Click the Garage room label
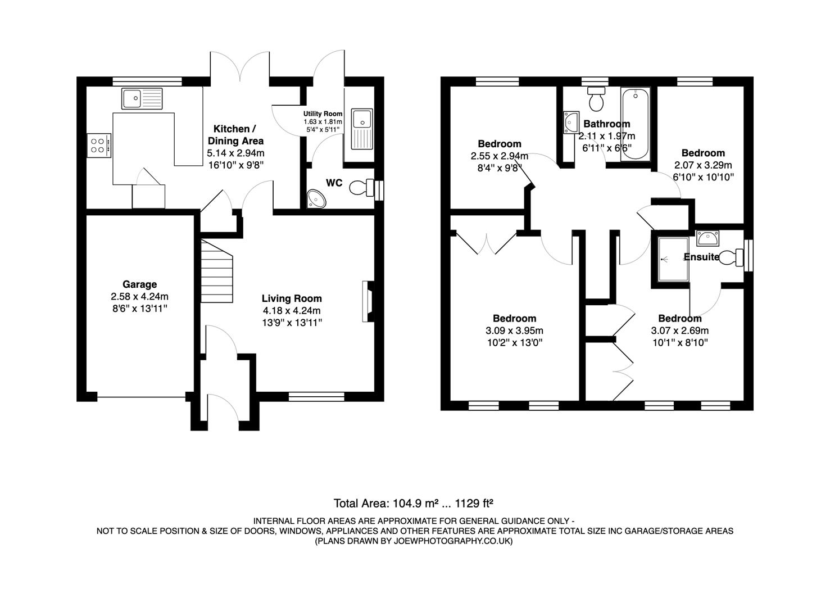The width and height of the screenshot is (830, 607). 139,284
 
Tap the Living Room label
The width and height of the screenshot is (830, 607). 292,298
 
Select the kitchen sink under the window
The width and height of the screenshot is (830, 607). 142,98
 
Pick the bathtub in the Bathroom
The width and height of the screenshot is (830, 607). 635,124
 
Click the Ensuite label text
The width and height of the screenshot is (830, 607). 701,257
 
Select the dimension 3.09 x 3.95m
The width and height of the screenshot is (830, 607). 514,330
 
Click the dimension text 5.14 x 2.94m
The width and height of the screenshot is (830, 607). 235,153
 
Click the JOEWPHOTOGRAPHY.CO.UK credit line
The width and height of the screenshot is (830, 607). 414,541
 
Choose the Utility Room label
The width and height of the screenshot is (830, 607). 323,114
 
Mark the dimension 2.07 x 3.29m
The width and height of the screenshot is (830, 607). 703,165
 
